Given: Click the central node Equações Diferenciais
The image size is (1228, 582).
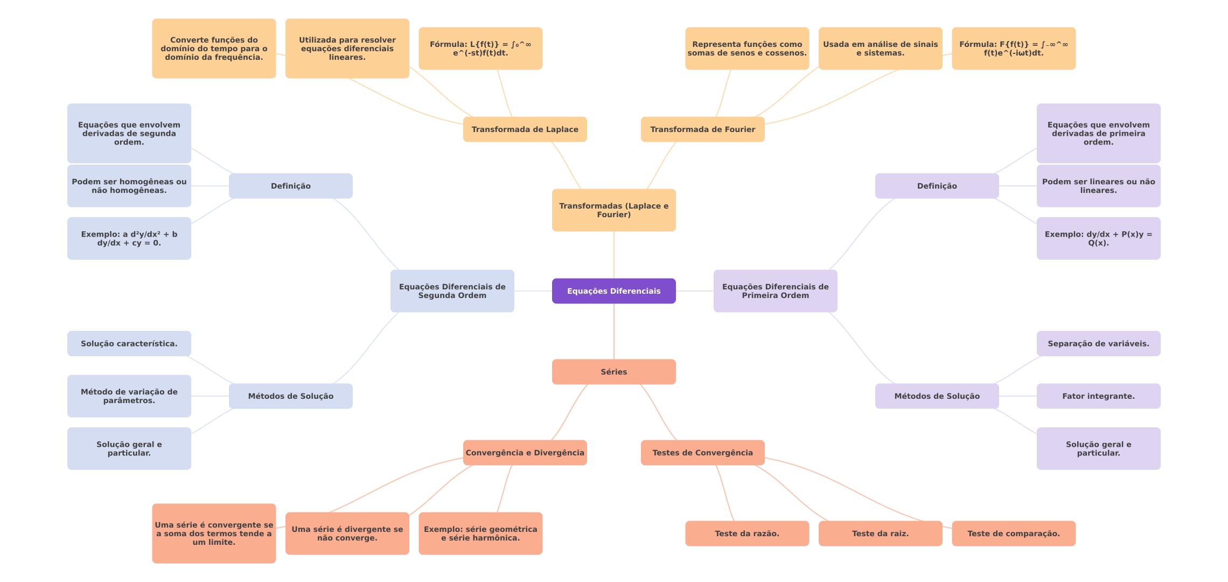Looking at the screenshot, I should [613, 291].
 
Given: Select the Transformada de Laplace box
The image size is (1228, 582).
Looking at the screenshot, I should [525, 129].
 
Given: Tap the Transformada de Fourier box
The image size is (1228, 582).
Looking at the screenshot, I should [702, 129].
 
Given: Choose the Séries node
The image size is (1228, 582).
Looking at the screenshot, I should [613, 372].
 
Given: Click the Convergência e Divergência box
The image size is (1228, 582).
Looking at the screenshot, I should [525, 453].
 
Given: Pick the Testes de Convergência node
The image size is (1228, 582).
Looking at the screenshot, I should [702, 453].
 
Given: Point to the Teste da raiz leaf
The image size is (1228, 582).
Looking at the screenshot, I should [880, 533].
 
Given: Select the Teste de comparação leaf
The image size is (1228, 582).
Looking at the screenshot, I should [1013, 533].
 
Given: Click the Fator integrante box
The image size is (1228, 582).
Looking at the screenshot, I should [1098, 396].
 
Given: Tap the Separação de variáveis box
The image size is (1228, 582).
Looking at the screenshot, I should [1098, 344].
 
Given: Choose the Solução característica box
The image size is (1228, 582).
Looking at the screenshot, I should [129, 344].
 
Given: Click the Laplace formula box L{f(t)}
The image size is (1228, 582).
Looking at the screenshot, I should [480, 48].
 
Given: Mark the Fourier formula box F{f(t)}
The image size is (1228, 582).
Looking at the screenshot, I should [1013, 48].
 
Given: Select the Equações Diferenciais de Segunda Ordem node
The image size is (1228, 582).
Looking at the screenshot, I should [452, 291].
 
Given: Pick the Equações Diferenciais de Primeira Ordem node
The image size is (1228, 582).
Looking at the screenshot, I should [775, 291].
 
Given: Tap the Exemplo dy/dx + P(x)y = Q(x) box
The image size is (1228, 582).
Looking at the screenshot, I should [1098, 238].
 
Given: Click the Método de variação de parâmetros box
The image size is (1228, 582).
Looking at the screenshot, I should [129, 396].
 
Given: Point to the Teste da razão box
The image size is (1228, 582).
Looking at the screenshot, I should [746, 533].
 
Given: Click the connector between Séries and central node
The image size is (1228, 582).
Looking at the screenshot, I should [614, 331].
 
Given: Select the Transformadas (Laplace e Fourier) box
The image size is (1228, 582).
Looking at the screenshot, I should [613, 210].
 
